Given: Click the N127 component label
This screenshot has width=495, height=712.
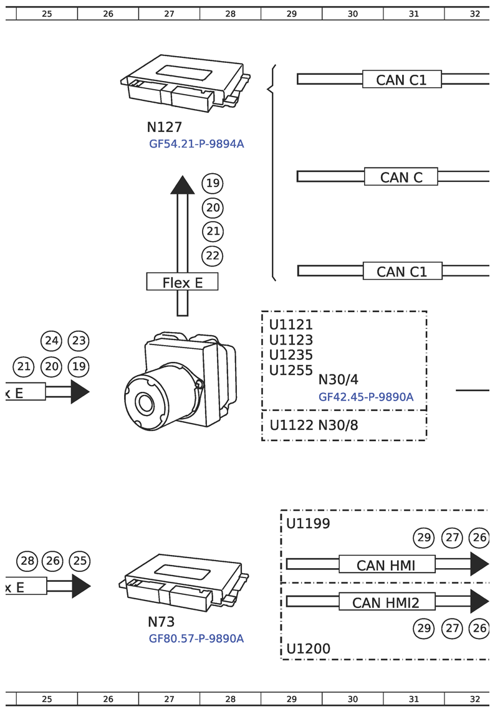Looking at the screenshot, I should pyautogui.click(x=164, y=127).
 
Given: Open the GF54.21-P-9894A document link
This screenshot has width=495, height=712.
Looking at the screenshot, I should pyautogui.click(x=196, y=144).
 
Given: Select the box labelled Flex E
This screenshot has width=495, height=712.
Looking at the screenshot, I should pyautogui.click(x=183, y=282).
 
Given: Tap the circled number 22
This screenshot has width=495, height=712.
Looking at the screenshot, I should pyautogui.click(x=213, y=255).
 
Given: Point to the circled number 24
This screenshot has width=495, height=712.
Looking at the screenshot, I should pyautogui.click(x=52, y=341).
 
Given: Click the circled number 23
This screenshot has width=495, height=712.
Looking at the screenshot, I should pyautogui.click(x=79, y=341).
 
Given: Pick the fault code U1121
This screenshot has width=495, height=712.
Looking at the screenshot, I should pyautogui.click(x=291, y=325).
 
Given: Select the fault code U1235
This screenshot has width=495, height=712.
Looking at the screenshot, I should pyautogui.click(x=291, y=355).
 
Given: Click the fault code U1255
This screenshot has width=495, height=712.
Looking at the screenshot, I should pyautogui.click(x=291, y=370).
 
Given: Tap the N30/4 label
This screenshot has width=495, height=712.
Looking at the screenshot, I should pyautogui.click(x=339, y=379).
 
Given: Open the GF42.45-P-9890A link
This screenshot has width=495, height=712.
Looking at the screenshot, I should pyautogui.click(x=366, y=397).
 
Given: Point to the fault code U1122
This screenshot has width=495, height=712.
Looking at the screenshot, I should pyautogui.click(x=291, y=425).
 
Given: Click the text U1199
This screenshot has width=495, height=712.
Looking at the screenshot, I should pyautogui.click(x=308, y=523).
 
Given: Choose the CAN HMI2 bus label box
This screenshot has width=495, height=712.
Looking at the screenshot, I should pyautogui.click(x=385, y=602).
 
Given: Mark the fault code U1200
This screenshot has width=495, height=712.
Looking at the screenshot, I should pyautogui.click(x=309, y=649).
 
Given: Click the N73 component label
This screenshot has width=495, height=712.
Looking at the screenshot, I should pyautogui.click(x=161, y=622).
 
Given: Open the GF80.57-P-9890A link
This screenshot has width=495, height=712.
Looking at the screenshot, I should pyautogui.click(x=196, y=638).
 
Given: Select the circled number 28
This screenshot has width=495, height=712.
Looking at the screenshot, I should pyautogui.click(x=27, y=561).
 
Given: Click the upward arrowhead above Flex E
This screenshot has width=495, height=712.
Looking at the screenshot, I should pyautogui.click(x=183, y=185).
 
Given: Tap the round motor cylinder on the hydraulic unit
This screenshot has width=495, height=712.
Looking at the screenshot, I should pyautogui.click(x=146, y=403).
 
